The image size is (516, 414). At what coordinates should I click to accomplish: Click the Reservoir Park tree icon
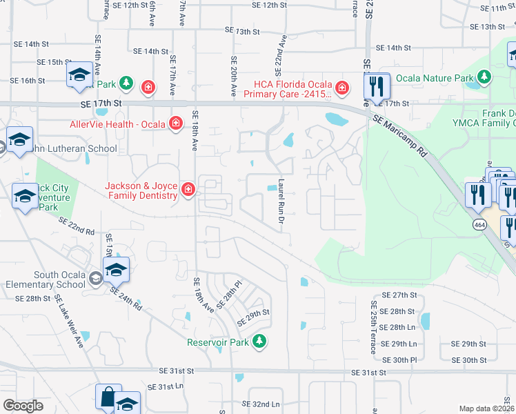[259, 342]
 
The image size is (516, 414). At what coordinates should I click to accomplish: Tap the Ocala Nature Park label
[439, 78]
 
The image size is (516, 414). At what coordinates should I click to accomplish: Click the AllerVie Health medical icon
[177, 124]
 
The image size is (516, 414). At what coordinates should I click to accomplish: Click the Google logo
[23, 406]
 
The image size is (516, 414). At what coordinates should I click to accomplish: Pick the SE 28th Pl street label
[230, 295]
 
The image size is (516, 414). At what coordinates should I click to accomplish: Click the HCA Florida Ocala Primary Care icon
[341, 88]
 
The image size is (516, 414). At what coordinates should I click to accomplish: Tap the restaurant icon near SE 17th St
[376, 86]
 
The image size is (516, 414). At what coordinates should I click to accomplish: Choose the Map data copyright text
[486, 408]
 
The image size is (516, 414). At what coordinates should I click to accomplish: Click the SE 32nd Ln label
[261, 404]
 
